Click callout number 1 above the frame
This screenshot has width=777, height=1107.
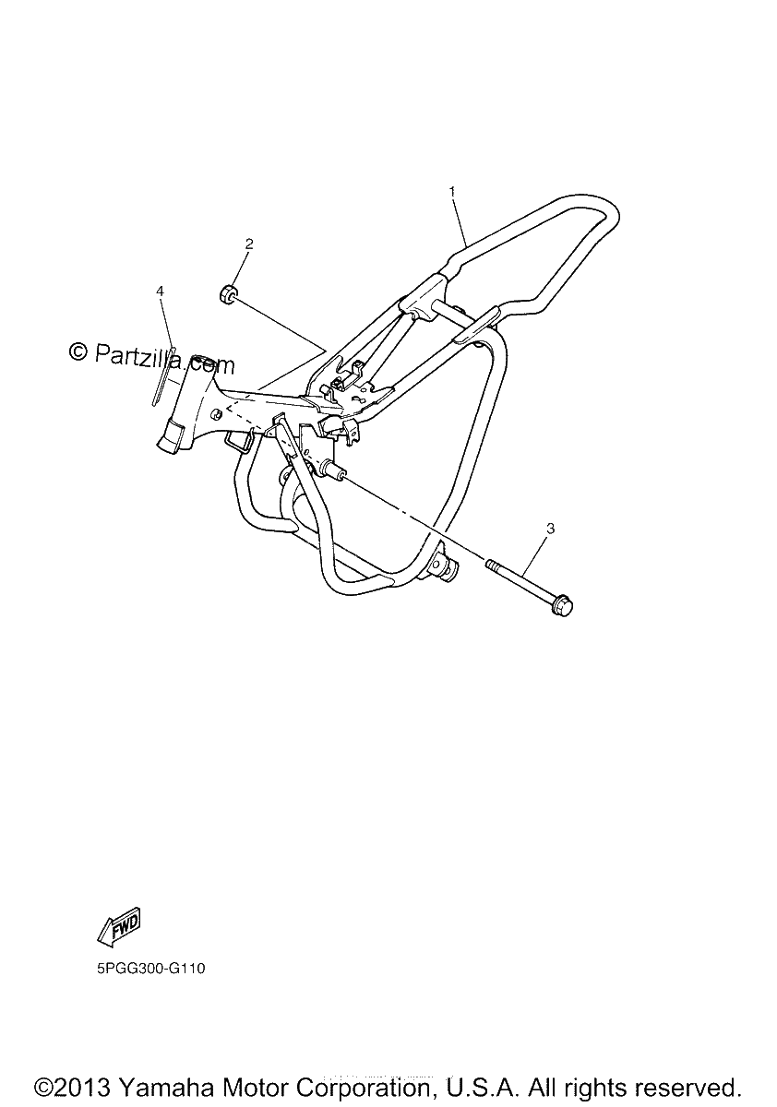click(452, 192)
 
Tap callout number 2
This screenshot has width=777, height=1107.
click(249, 244)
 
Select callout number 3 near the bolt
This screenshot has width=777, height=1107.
click(551, 529)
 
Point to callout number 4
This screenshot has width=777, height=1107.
click(160, 292)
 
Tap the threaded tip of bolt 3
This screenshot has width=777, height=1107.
click(492, 564)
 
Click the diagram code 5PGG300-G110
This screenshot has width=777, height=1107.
click(150, 968)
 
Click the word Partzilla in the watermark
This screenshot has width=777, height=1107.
click(138, 355)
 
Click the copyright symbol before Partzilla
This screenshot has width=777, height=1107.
click(78, 351)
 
